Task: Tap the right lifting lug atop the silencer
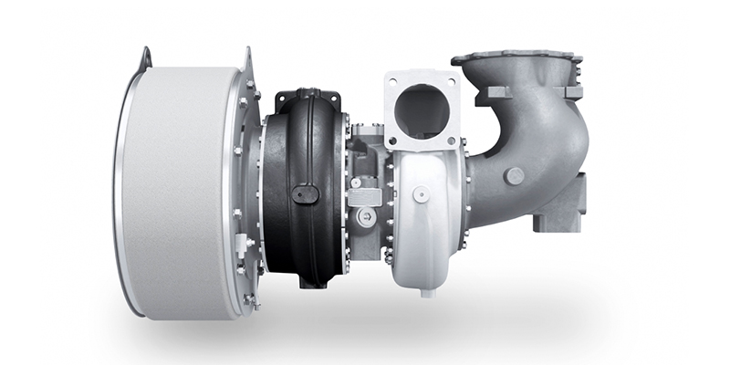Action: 246,60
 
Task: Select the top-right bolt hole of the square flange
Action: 456,78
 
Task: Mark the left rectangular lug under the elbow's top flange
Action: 496,92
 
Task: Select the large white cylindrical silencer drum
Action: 178,192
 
